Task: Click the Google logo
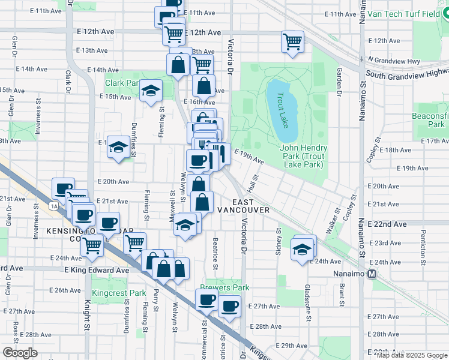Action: [19, 353]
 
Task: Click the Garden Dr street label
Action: [339, 82]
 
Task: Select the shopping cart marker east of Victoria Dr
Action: [292, 42]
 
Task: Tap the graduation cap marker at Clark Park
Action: [150, 91]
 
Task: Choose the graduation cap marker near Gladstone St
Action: [302, 249]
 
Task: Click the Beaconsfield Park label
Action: [429, 120]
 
